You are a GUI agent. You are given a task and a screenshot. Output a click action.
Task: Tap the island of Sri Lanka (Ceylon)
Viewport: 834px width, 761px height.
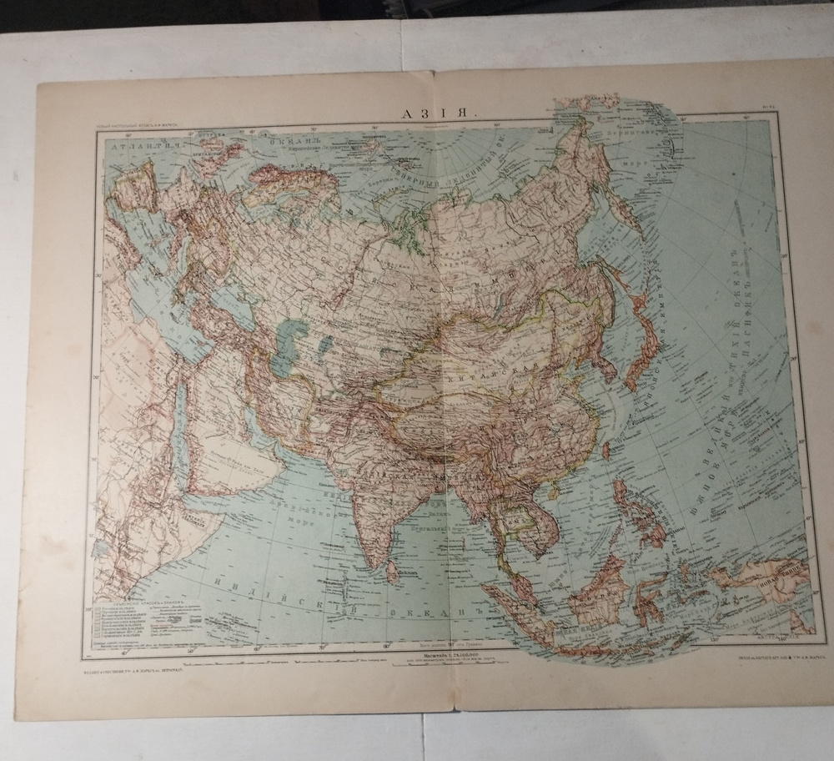[390, 570]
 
